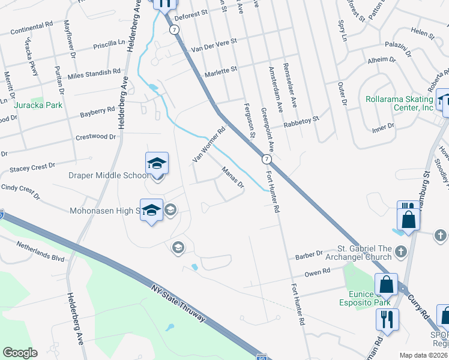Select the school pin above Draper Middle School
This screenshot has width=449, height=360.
156,163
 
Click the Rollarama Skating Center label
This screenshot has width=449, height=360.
399,103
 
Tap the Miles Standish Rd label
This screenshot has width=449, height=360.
94,73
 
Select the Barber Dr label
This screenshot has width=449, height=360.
309,255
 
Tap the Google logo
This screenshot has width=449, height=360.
20,353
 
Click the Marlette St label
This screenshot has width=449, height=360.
221,70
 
